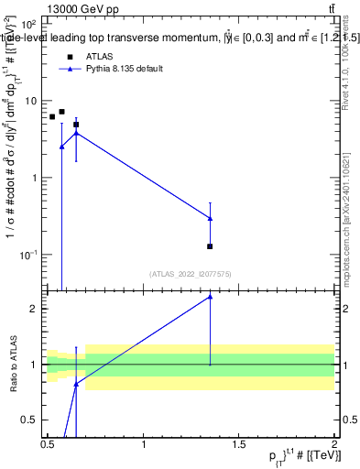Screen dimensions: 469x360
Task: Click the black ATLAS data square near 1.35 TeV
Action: [x=211, y=246]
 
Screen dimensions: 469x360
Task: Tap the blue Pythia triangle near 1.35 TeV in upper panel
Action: [x=211, y=218]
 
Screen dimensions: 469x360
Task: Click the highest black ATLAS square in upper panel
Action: [x=61, y=112]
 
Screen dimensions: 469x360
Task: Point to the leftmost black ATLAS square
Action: [x=52, y=117]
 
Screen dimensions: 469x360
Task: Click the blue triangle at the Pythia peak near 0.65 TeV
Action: [x=76, y=133]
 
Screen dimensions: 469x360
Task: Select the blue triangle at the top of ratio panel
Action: [x=211, y=297]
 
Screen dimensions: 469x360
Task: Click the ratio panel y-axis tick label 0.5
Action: [x=33, y=420]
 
